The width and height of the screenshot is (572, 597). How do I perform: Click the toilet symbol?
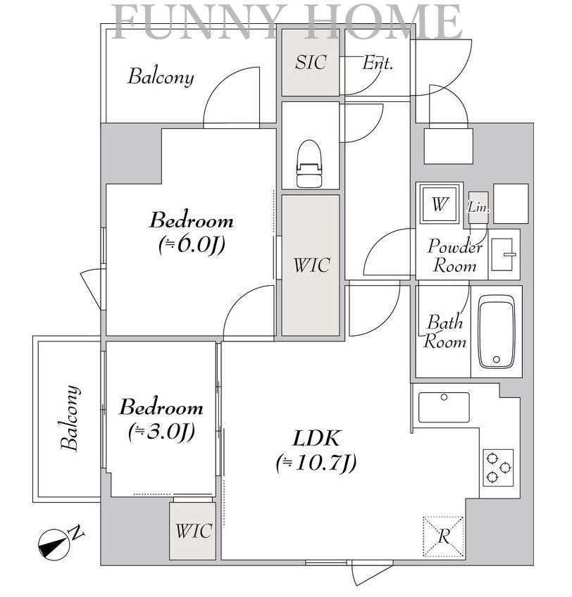coord(309,164)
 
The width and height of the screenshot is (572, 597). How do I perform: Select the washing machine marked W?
coord(440,203)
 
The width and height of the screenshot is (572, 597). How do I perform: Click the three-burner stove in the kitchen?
coord(499,467)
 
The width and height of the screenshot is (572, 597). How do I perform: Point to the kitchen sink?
coord(444,408)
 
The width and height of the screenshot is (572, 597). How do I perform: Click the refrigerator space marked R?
coord(444,537)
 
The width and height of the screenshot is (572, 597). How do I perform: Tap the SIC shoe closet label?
coord(311,62)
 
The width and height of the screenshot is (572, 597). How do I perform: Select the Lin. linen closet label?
coord(478,207)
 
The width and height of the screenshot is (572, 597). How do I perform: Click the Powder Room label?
coord(454,256)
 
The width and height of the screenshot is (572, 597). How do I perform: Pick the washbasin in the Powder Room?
coord(504,254)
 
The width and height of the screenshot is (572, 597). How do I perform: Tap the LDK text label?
coord(316,438)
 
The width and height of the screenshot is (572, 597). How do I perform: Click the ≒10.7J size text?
coord(316,463)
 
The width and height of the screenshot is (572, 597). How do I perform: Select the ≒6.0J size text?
coord(192,245)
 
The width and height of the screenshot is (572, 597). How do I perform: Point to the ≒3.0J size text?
coord(162,432)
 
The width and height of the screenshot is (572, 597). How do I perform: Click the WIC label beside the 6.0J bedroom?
coord(311,265)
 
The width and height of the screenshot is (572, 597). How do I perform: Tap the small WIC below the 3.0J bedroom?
coord(194,531)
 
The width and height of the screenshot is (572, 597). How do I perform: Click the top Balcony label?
coord(161,77)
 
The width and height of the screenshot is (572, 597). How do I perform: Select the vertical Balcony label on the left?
coord(70,418)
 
